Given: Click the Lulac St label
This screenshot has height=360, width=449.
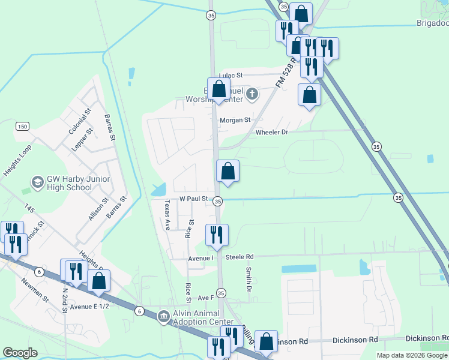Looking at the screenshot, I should point(230,76).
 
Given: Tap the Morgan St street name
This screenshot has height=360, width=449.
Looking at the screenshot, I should point(235,120).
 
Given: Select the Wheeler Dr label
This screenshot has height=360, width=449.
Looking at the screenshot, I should point(272,132).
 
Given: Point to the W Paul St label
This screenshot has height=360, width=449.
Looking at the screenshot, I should point(193,199).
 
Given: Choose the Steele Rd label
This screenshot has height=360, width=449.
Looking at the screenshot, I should point(240,257).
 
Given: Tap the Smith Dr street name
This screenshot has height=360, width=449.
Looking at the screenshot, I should point(248,277).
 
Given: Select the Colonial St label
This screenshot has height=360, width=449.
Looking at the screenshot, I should point(79,121).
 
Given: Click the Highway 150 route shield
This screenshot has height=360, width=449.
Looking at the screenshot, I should point(22,126).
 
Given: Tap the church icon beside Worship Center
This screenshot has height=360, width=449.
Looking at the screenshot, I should point(252,93).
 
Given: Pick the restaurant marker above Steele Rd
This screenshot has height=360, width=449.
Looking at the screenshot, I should point(217,235).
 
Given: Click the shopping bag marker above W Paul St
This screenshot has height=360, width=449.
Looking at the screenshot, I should point(228,171).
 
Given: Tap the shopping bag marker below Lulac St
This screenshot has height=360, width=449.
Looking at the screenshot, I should point(219,89).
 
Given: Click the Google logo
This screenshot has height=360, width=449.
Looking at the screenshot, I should point(20,353).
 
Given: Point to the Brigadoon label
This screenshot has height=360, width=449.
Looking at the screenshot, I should point(433,23).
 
